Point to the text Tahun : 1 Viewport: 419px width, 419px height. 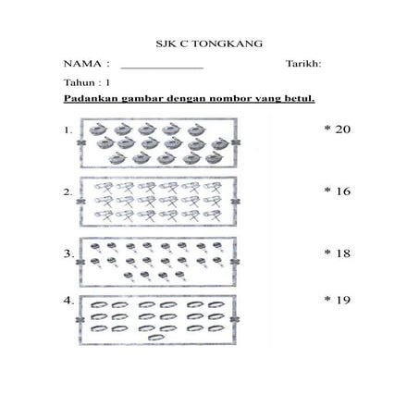(87, 82)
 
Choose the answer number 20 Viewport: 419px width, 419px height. (343, 129)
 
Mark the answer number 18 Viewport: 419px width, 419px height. (343, 252)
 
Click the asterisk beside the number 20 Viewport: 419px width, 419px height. (327, 129)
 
